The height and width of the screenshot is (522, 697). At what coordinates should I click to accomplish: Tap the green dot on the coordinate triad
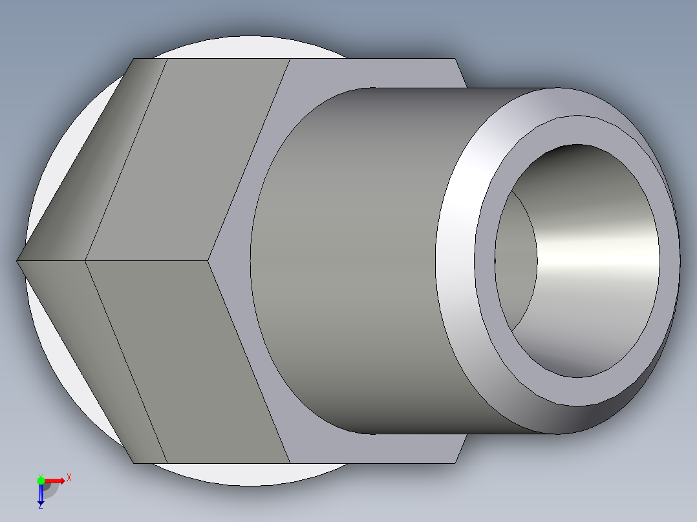click(41, 480)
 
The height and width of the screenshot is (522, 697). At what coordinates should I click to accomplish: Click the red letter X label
click(69, 477)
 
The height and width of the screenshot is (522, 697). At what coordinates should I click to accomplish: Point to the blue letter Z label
click(40, 507)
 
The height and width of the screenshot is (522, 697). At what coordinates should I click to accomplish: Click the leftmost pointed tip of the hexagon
click(17, 260)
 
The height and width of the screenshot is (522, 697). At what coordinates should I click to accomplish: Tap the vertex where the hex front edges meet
click(209, 260)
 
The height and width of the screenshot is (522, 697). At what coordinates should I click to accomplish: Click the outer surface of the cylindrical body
click(349, 258)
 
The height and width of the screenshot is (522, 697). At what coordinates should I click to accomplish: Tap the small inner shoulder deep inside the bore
click(517, 258)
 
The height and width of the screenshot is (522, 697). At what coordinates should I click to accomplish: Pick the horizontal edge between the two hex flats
click(149, 260)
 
